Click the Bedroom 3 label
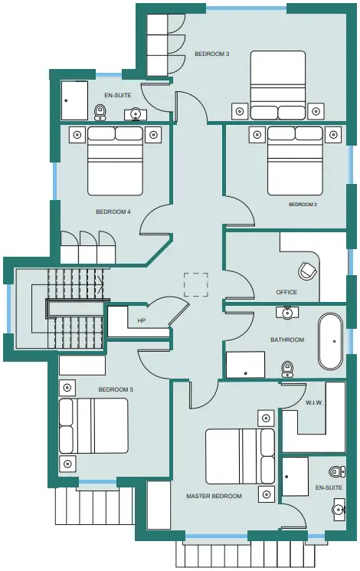coord(212,54)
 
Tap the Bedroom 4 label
coord(113,212)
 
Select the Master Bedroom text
coord(214,496)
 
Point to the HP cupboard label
coord(142,320)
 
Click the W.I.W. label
coord(314,402)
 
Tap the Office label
coord(286,292)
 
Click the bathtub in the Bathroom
coord(331,341)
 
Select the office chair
coord(307,271)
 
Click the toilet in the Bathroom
coord(287,369)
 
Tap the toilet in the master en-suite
coord(337,472)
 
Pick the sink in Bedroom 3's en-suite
coord(136,114)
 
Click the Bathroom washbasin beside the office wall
coord(287,313)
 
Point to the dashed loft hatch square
coord(196,285)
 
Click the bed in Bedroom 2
coord(295,160)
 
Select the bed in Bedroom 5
coord(93,425)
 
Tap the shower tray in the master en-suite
coord(295,476)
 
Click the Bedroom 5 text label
coord(116,389)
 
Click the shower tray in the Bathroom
coord(246,365)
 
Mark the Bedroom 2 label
coord(303,205)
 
